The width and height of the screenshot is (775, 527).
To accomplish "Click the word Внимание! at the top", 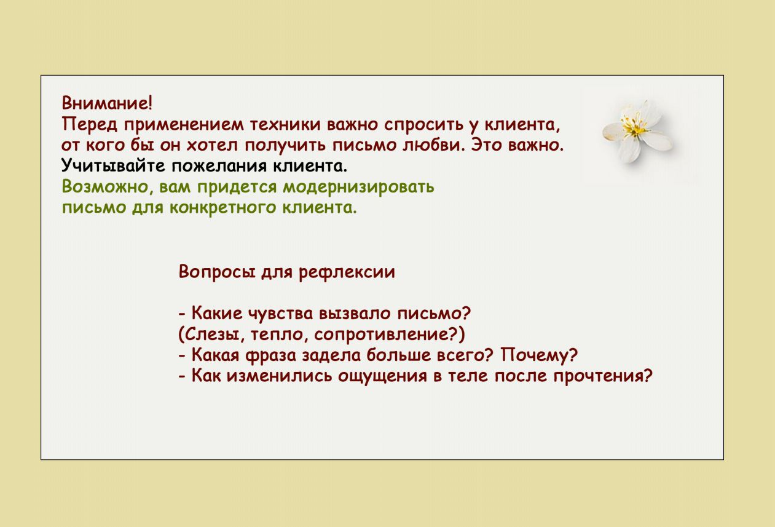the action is [x=107, y=103].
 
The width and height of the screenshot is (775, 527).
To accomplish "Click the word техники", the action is [x=285, y=124].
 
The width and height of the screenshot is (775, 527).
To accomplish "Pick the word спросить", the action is [x=424, y=125].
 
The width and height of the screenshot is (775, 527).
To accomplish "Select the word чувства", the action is [x=281, y=314].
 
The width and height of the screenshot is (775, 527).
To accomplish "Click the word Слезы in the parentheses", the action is [x=211, y=335].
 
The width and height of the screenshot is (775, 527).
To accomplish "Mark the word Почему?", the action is [x=540, y=355].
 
